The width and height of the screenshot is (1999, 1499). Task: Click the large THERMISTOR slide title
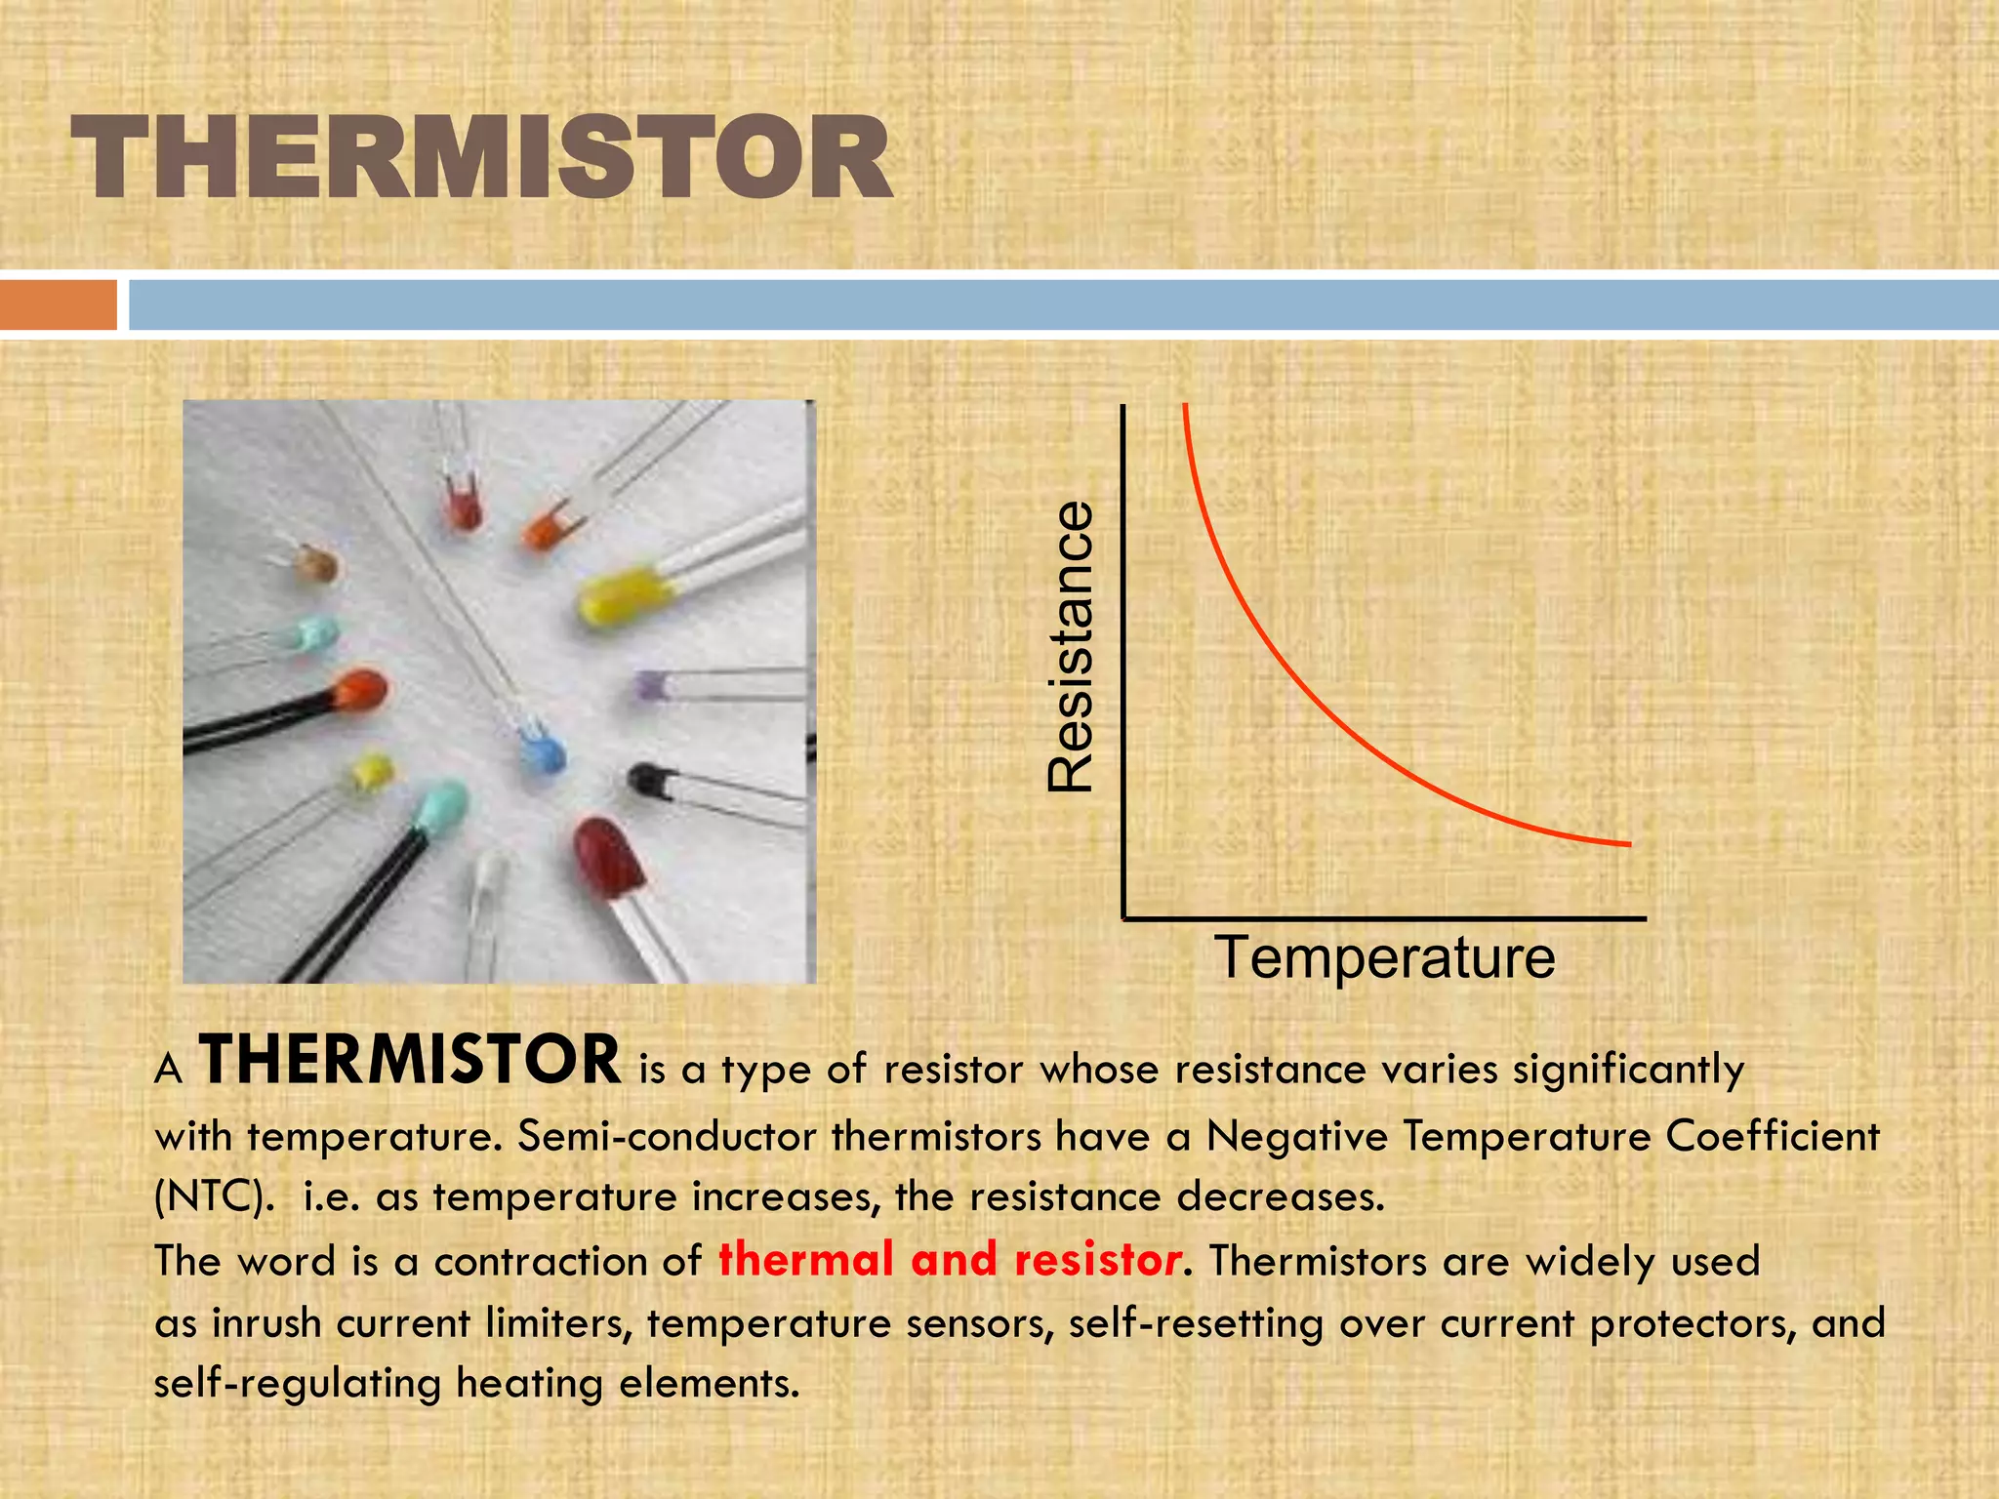481,158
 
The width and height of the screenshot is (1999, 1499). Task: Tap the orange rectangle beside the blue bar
58,304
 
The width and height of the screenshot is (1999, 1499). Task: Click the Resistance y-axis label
1071,646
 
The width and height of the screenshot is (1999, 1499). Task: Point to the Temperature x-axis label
1384,957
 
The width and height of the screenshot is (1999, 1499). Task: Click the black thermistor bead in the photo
647,780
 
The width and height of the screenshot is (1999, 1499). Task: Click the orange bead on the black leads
359,691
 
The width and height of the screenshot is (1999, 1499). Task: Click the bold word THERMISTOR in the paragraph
410,1061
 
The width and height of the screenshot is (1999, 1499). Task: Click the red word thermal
806,1259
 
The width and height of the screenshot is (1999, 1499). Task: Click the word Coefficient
1772,1135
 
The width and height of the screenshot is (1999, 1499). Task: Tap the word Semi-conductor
667,1136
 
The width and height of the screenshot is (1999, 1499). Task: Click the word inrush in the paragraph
266,1323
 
